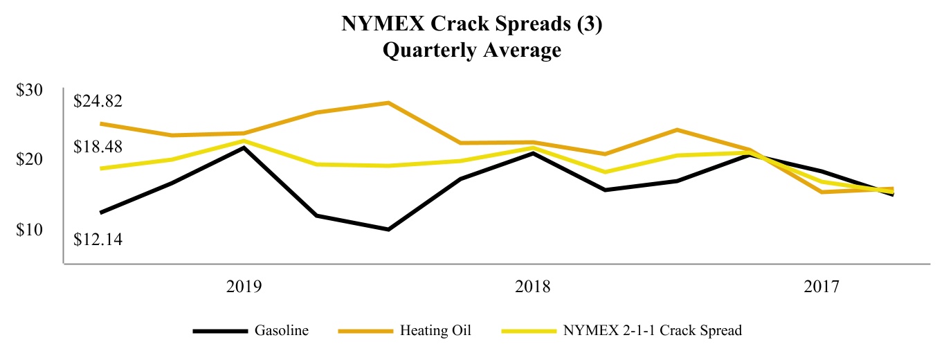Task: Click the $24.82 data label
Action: [x=99, y=102]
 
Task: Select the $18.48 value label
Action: [x=99, y=147]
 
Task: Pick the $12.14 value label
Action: [x=99, y=240]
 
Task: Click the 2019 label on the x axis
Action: [x=244, y=287]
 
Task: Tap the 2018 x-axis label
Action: [x=533, y=287]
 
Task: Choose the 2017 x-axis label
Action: [x=822, y=287]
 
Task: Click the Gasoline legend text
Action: [x=282, y=331]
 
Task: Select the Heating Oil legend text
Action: [x=435, y=331]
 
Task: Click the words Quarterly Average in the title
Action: [x=473, y=51]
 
